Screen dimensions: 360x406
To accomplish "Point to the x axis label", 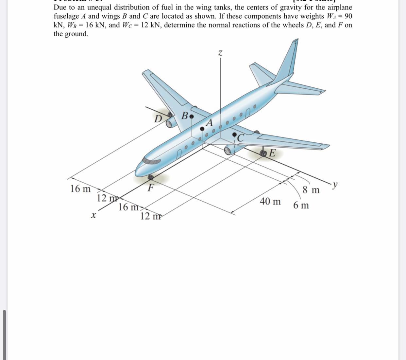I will pos(93,215).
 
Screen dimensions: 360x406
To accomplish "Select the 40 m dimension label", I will pos(270,201).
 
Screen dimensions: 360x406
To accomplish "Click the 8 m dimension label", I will pos(311,190).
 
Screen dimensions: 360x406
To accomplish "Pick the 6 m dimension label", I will pos(301,206).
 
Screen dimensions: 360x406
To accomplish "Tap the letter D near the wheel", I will pos(158,118).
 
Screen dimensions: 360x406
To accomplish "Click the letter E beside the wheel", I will pos(272,153).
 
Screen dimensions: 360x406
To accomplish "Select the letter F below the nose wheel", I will pos(150,188).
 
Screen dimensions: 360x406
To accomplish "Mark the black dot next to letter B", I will pos(192,116).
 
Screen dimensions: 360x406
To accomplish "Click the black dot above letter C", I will pos(234,134).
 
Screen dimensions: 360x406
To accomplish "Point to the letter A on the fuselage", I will pos(209,123).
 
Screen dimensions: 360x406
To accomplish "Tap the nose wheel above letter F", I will pos(151,177).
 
